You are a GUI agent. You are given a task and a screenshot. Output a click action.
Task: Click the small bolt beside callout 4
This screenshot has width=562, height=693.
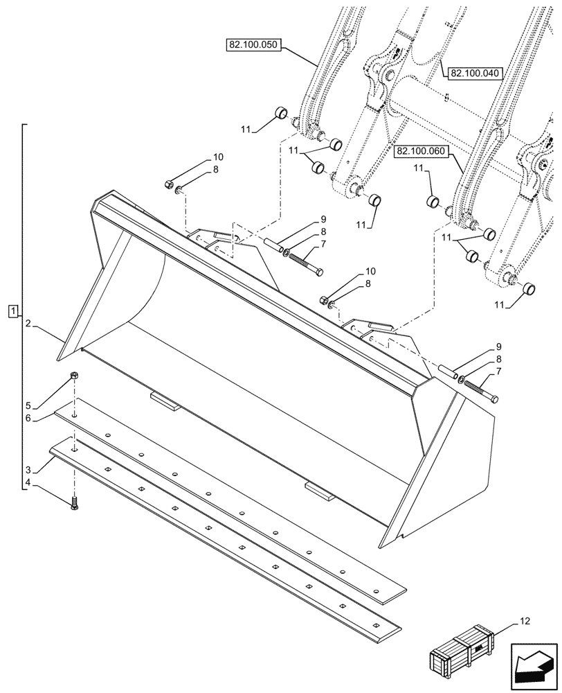pyautogui.click(x=73, y=505)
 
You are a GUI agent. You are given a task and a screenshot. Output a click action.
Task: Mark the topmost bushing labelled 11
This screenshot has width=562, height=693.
pyautogui.click(x=280, y=113)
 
